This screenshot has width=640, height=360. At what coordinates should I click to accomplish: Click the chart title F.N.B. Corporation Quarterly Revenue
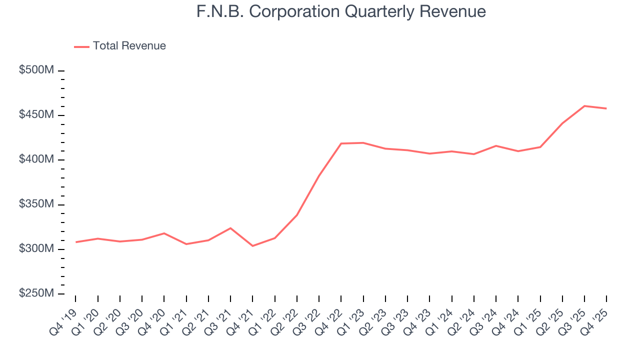coord(341,11)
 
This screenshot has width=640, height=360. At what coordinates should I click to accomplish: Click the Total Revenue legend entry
coord(129,46)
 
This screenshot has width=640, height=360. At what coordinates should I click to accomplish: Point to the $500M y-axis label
coord(36,70)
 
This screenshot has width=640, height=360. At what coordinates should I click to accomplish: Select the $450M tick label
coord(36,115)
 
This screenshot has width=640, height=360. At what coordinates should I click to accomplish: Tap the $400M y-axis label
coord(36,159)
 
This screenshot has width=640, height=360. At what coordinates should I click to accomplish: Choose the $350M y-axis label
coord(36,204)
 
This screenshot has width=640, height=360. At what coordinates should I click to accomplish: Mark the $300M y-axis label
coord(36,249)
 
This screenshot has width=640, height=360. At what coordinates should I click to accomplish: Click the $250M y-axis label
coord(36,293)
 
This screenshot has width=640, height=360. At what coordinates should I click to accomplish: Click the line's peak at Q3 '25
coord(584,106)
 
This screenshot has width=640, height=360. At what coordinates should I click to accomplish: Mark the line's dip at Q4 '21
coord(252,246)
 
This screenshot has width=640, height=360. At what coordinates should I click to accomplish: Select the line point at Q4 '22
coord(341,143)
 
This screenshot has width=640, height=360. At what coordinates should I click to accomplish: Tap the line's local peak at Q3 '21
coord(230,228)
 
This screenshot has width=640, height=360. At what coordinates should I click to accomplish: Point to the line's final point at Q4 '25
coord(606,108)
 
